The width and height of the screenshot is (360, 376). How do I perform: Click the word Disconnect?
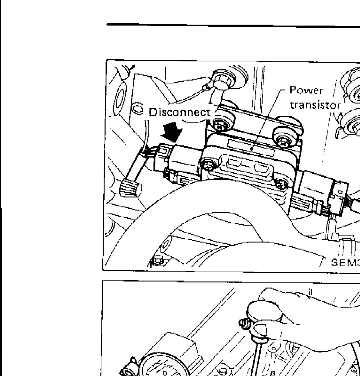click(x=180, y=112)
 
